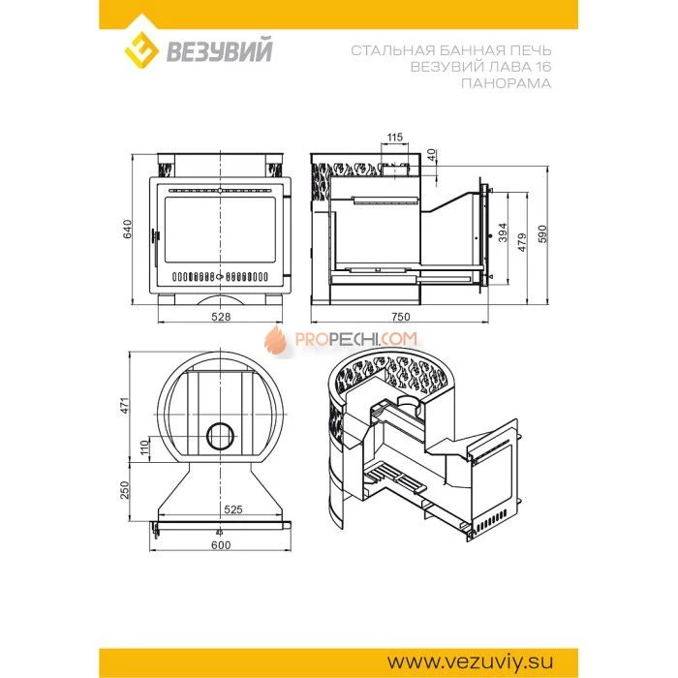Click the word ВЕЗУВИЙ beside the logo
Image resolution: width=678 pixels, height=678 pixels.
(220, 51)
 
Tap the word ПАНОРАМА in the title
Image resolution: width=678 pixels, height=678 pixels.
(506, 83)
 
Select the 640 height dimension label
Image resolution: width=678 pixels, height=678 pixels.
(128, 230)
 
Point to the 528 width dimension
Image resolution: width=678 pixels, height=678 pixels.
(221, 317)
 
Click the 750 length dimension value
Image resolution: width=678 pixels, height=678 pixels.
(400, 317)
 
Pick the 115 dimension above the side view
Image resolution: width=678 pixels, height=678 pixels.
(394, 138)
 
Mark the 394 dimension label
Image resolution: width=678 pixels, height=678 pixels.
(503, 232)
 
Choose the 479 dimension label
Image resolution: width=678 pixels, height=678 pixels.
(522, 242)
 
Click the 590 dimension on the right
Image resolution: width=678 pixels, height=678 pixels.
(542, 234)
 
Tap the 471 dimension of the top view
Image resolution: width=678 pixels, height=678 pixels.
(125, 405)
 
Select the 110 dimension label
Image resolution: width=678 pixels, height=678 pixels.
(145, 447)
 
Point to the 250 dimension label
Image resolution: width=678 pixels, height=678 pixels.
(125, 490)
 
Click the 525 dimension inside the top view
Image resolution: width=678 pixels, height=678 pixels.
(233, 509)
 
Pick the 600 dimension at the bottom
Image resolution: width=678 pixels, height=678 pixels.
(221, 545)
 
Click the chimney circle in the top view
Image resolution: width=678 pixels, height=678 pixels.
(221, 436)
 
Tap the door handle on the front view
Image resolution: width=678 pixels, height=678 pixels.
(155, 236)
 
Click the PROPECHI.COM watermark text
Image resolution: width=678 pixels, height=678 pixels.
(356, 339)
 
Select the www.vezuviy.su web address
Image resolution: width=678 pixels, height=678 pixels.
(470, 662)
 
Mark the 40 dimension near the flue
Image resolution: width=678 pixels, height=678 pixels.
(431, 155)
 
